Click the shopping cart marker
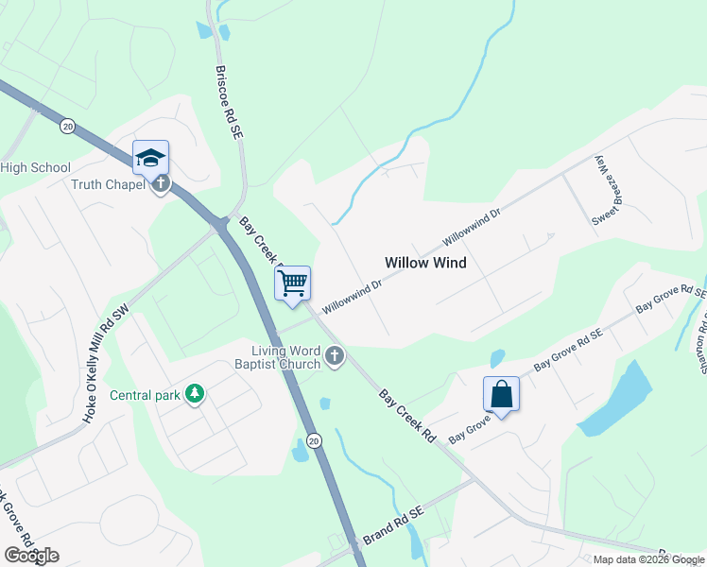coord(293,283)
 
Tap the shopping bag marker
coord(501,394)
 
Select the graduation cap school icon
coord(150,158)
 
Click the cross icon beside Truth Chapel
coord(162,183)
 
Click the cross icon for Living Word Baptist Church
coord(334,356)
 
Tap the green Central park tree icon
coord(195,393)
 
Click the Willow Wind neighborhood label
coord(425,263)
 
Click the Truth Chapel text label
coord(109,184)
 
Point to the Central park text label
coord(145,395)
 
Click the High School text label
coord(36,167)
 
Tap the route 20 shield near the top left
coord(67,125)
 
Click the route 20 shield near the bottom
coord(315,440)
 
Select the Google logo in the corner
coord(31,555)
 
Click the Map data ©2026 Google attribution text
coord(649,559)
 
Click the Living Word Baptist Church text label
coord(279,357)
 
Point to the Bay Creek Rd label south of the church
coord(408,417)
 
